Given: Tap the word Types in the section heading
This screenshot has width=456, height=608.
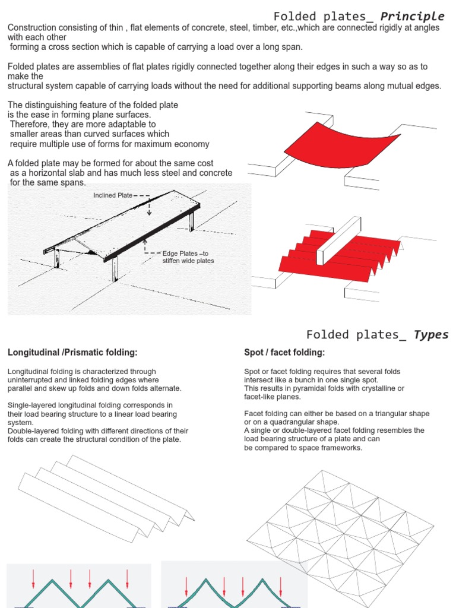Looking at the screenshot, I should [432, 334].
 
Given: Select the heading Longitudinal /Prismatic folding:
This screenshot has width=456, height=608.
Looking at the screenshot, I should [72, 353].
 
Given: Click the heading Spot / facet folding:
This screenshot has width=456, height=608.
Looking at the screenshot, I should [284, 353].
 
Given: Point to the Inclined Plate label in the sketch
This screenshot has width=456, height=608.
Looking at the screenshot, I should [113, 195].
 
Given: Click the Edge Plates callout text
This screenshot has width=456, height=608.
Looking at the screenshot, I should [187, 257].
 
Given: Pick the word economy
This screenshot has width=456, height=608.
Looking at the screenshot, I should [191, 144].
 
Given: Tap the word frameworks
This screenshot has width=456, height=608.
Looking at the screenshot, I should [341, 448].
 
